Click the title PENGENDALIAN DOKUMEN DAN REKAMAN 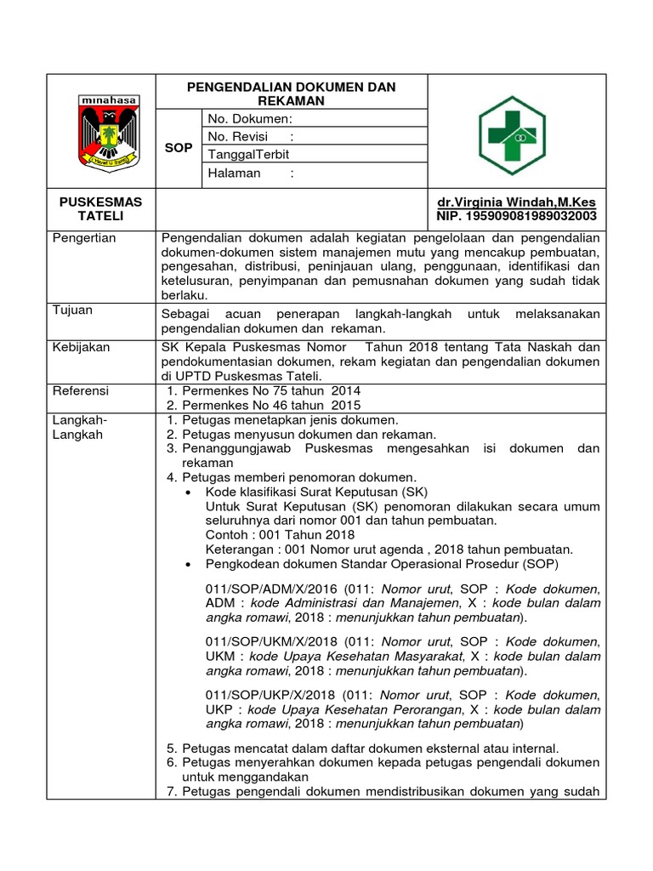(x=292, y=94)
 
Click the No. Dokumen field (x=250, y=119)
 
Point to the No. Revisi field (x=251, y=136)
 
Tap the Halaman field (x=251, y=174)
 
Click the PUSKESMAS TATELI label (x=101, y=209)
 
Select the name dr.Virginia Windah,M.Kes (x=516, y=202)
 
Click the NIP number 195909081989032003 (x=516, y=217)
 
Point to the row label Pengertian (x=84, y=238)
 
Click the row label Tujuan (x=72, y=310)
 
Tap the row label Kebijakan (x=81, y=347)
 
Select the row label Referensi (x=81, y=390)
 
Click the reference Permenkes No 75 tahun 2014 (x=264, y=390)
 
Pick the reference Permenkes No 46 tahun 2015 (x=264, y=405)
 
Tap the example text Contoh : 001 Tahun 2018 (x=281, y=534)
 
